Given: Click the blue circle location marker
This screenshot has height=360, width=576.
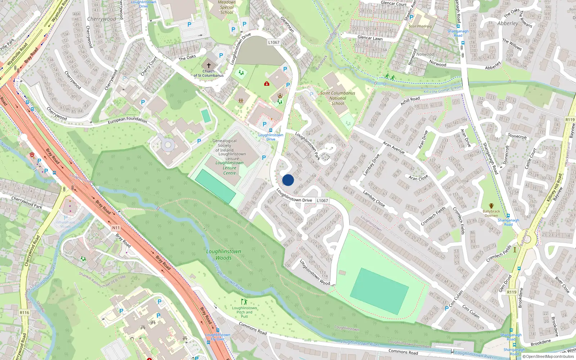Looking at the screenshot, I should [288, 180].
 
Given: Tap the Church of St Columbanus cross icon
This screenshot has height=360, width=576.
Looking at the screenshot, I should [208, 65].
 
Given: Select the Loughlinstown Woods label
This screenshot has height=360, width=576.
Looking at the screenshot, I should [224, 255].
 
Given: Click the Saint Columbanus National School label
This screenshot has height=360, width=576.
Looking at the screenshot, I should [338, 98].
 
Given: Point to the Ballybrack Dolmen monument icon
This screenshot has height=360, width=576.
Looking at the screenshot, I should [491, 206].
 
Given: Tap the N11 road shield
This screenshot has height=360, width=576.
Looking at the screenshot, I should [116, 228].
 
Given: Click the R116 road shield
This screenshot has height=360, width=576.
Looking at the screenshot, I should [24, 312].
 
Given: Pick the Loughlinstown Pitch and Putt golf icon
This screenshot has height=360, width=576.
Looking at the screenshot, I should [245, 302].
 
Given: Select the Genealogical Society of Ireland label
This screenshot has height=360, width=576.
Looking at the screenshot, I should [224, 145].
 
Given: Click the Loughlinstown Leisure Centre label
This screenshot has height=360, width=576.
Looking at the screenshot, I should [230, 168].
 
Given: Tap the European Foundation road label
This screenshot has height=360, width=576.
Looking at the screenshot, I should [127, 120].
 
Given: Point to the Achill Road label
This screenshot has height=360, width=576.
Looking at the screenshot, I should [410, 101].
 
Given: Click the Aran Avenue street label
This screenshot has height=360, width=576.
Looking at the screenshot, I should [393, 147].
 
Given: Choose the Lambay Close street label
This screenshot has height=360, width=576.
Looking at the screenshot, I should [374, 199].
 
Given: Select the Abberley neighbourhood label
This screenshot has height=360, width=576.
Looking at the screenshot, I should [508, 23].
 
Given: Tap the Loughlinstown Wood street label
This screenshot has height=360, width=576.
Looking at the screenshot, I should [315, 273].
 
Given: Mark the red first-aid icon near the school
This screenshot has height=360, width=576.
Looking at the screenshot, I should [267, 84].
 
